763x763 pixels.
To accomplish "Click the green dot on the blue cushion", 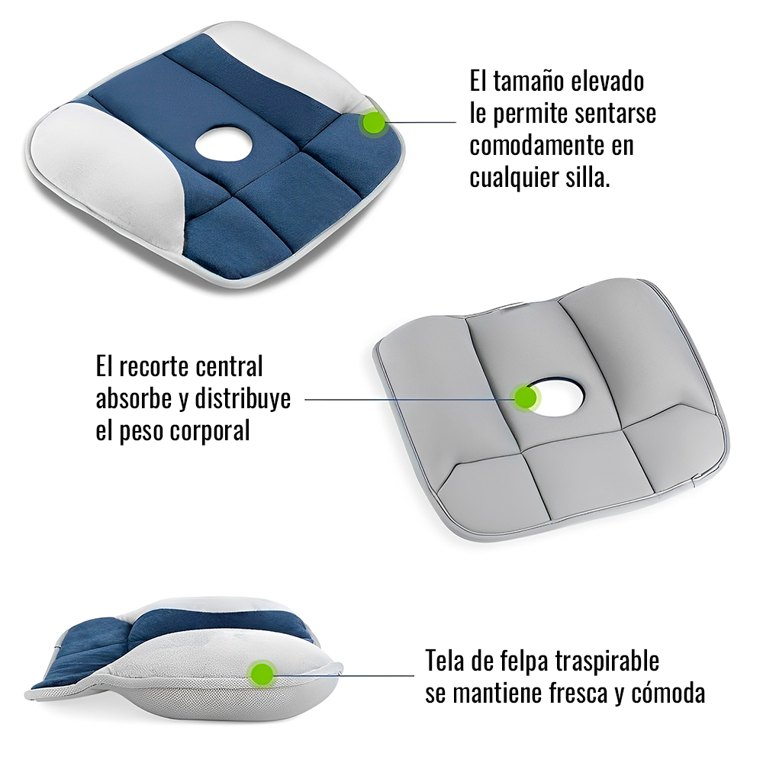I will pos(373,122).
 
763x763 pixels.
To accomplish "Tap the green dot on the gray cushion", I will pos(525,397).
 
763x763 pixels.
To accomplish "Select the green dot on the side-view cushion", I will pos(262,673).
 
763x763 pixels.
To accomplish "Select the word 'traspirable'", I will pos(613,661).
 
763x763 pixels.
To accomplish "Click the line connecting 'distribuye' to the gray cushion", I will pos(404,398).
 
